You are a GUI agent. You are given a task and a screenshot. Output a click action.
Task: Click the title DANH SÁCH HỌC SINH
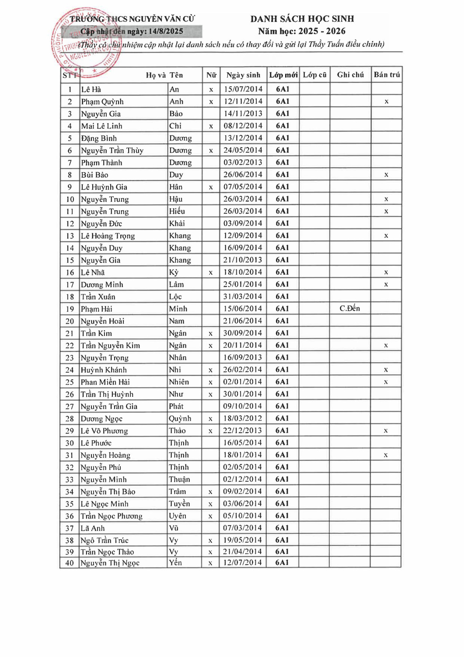tap(302, 19)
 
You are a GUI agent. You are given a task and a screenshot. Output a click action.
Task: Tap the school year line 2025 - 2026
tap(302, 31)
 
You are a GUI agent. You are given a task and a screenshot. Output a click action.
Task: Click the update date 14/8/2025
tap(166, 31)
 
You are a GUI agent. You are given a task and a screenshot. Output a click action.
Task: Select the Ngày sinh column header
tap(243, 75)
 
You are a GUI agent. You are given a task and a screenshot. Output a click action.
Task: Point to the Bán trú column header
tap(387, 74)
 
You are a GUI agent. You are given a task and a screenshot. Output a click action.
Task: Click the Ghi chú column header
tap(350, 74)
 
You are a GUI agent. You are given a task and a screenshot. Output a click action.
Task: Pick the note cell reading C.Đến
tap(350, 308)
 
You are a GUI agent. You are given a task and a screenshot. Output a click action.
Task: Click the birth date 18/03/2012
tap(243, 418)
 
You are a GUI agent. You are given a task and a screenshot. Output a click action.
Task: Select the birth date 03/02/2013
tap(243, 162)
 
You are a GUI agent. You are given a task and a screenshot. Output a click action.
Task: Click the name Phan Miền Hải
tap(105, 382)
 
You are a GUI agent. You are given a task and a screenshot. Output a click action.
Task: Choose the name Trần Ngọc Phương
tap(112, 516)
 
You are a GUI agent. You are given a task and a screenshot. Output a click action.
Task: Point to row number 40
tap(70, 563)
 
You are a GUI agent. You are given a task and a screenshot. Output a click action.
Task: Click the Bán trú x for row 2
tap(387, 102)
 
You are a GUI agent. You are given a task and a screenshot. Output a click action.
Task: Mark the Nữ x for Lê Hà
tap(211, 89)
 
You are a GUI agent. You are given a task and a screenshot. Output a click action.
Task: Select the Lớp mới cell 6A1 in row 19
tap(283, 308)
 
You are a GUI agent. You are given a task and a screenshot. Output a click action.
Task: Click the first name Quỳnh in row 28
tap(180, 418)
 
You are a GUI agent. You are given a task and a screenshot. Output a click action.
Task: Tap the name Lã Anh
tap(93, 528)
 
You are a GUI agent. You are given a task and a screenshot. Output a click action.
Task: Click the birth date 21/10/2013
tap(243, 260)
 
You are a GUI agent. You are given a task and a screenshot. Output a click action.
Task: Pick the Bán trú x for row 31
tap(386, 455)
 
